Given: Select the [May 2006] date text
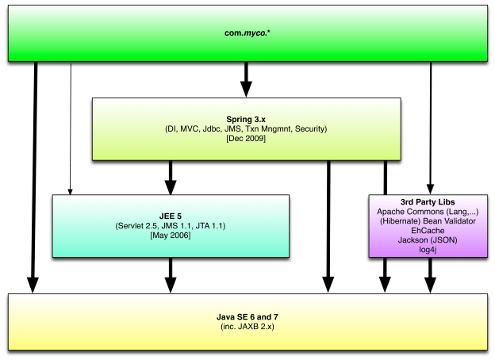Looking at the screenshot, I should [x=171, y=236].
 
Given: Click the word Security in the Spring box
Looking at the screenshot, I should [x=311, y=129].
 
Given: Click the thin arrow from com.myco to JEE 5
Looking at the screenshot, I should [x=71, y=127].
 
